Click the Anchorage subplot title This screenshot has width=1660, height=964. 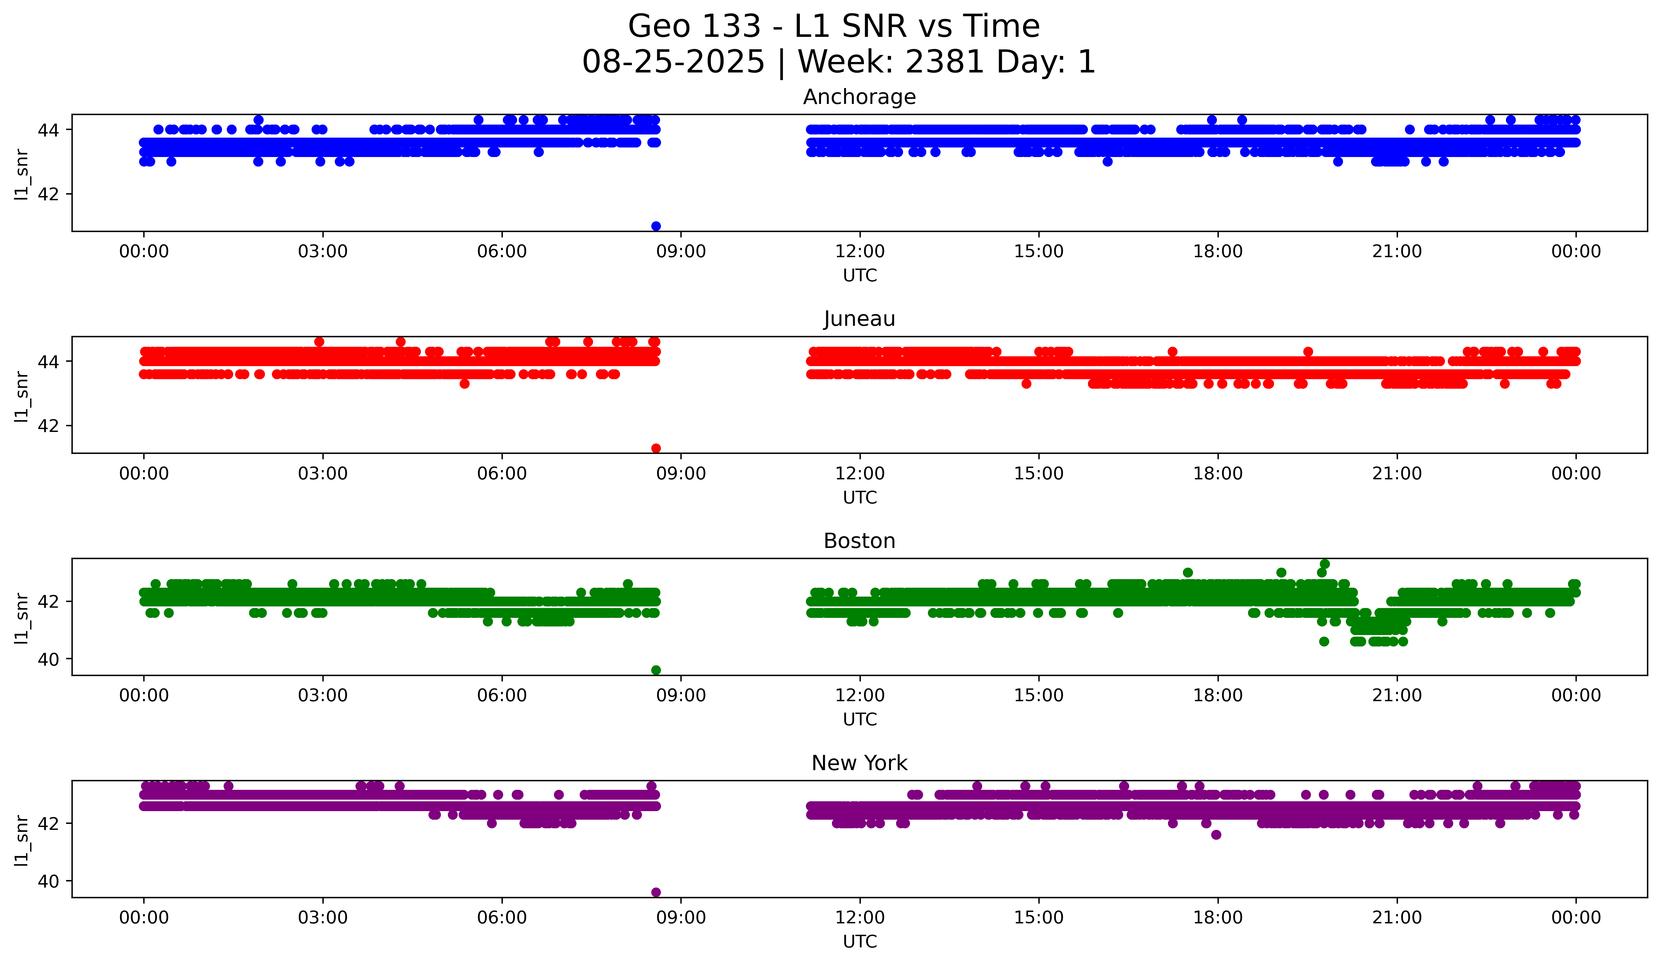pyautogui.click(x=859, y=97)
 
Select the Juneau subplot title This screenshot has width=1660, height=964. pyautogui.click(x=859, y=319)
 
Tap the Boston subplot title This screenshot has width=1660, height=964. pyautogui.click(x=859, y=541)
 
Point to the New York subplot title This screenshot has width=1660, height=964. pyautogui.click(x=859, y=763)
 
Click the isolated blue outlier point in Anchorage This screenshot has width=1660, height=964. pyautogui.click(x=655, y=226)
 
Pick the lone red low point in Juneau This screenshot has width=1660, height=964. pyautogui.click(x=655, y=448)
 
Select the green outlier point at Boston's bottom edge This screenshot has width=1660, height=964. pyautogui.click(x=655, y=670)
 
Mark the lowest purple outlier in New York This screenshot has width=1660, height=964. pyautogui.click(x=655, y=892)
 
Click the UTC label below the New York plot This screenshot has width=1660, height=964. pyautogui.click(x=859, y=942)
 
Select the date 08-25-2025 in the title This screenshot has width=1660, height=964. pyautogui.click(x=673, y=62)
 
